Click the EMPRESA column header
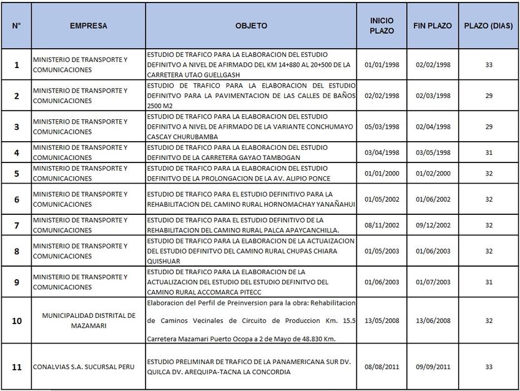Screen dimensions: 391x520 [88, 26]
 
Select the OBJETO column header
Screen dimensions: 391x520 [251, 26]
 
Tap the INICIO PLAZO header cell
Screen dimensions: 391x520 [381, 26]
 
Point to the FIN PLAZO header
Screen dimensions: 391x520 [433, 26]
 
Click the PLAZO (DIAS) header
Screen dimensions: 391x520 [488, 26]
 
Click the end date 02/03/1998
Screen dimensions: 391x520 [433, 96]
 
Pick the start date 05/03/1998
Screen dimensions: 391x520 [381, 127]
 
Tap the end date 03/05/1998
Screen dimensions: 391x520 [433, 152]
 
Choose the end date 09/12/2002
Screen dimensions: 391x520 [433, 225]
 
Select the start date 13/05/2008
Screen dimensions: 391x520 [381, 320]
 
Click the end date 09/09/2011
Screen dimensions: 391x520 [433, 367]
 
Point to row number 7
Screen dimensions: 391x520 [17, 225]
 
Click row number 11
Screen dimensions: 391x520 [17, 367]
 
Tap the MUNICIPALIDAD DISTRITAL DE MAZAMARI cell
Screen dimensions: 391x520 [88, 320]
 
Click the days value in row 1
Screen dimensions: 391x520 [488, 64]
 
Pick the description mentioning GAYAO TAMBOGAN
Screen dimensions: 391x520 [237, 152]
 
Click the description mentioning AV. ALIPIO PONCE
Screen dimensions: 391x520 [237, 173]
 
